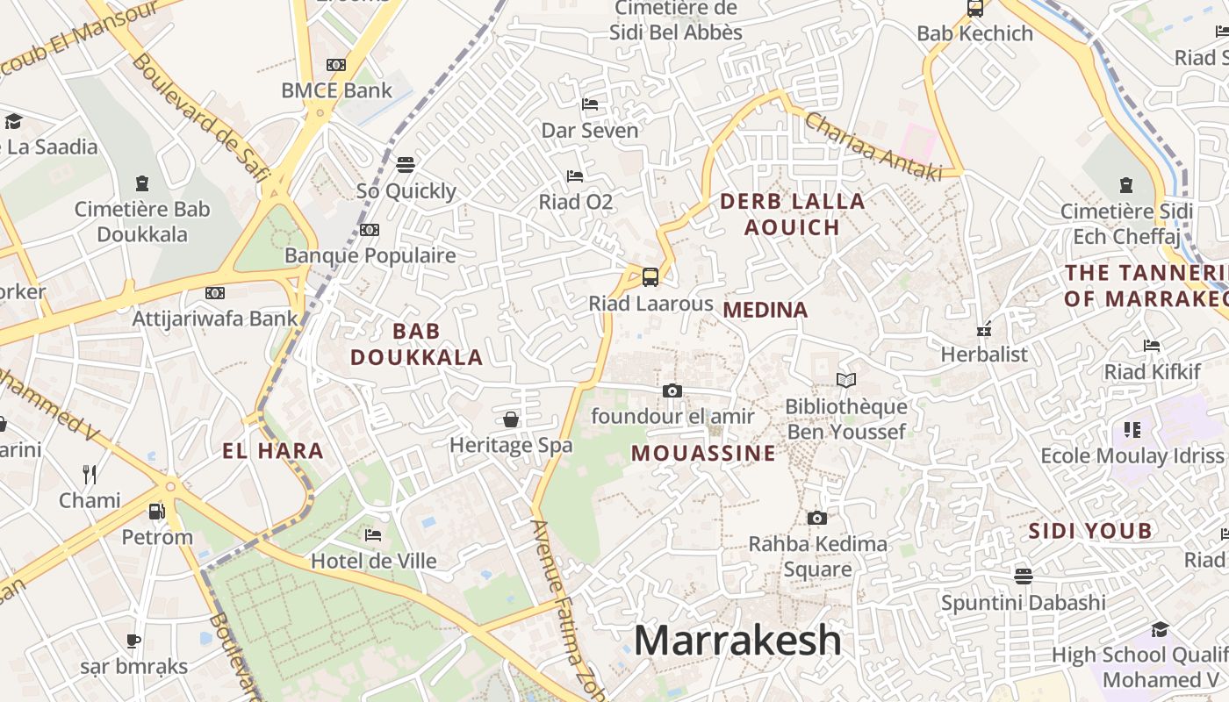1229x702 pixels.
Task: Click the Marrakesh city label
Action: coord(737,640)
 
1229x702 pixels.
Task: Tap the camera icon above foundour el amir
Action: coord(672,390)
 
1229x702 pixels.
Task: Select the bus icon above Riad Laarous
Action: coord(650,277)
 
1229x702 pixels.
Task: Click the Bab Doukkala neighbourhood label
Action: coord(417,344)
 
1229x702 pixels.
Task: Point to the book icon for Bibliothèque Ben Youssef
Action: coord(845,381)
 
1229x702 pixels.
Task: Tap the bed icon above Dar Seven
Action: coord(590,104)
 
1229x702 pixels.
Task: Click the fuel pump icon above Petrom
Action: coord(156,511)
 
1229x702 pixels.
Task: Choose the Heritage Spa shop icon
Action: coord(511,419)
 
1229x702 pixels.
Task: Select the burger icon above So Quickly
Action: coord(406,165)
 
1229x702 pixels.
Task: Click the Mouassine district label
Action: coord(703,453)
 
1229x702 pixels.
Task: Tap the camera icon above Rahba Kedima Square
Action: coord(817,518)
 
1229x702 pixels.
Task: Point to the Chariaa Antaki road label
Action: coord(873,147)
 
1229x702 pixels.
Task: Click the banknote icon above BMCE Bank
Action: coord(336,65)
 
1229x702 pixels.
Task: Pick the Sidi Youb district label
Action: coord(1089,531)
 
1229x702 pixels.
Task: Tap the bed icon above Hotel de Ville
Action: coord(373,534)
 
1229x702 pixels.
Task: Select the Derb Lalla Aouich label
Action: coord(793,214)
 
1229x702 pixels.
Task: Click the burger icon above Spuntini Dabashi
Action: coord(1023,577)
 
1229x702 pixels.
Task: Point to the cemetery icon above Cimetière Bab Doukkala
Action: coord(142,183)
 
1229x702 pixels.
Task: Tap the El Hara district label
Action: coord(273,451)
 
